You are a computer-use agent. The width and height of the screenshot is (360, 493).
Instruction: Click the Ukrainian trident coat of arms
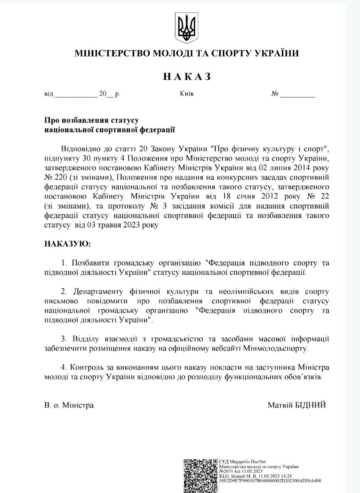(x=186, y=27)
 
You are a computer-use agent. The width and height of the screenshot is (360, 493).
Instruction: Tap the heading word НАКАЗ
(x=187, y=77)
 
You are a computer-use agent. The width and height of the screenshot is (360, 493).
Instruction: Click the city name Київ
(x=187, y=94)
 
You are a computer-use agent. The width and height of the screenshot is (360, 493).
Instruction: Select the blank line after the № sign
(x=297, y=95)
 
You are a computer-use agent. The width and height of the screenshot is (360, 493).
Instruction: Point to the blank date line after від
(x=76, y=95)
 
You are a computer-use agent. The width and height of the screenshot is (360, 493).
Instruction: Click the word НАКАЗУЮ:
(x=68, y=244)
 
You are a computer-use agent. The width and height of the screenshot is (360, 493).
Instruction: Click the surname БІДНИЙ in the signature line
(x=310, y=405)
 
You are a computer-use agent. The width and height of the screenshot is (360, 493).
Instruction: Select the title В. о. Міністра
(x=69, y=405)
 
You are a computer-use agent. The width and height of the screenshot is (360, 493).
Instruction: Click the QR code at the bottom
(x=200, y=475)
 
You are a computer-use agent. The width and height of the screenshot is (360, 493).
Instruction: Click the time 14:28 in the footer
(x=286, y=476)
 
